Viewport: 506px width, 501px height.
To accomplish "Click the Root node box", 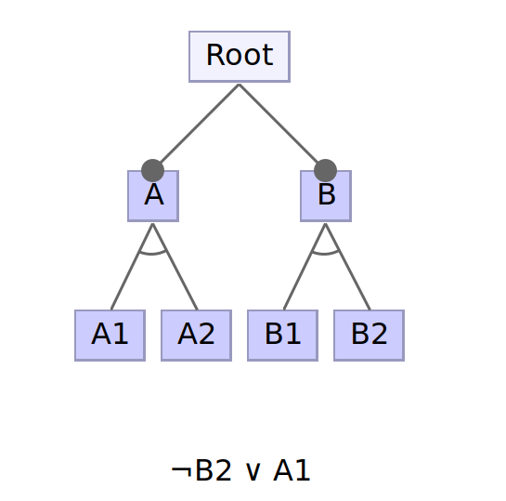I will (x=240, y=57).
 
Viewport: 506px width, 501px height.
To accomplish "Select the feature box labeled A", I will (x=153, y=197).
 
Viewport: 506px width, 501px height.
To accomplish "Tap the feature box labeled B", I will (x=326, y=197).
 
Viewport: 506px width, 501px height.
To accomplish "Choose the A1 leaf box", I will (x=110, y=335).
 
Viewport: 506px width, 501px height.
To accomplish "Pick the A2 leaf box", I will (x=196, y=335).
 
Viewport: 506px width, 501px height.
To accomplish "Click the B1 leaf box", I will (x=282, y=335).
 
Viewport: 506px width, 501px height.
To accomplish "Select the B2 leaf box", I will (x=369, y=335).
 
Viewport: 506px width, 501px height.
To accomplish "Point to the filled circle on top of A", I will (x=153, y=171).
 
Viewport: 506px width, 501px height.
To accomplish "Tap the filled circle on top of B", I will (x=325, y=171).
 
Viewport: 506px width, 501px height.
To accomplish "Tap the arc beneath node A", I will (x=153, y=252).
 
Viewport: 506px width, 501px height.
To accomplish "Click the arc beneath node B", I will (x=326, y=252).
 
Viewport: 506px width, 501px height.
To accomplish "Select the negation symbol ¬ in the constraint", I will (x=180, y=472).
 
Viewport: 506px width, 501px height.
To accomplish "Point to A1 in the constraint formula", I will (x=292, y=471).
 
